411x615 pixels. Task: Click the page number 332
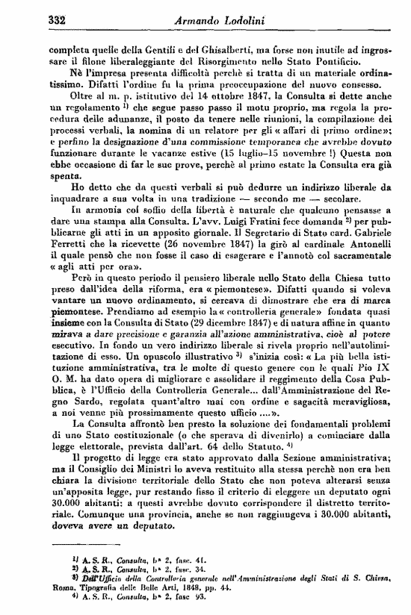point(59,19)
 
